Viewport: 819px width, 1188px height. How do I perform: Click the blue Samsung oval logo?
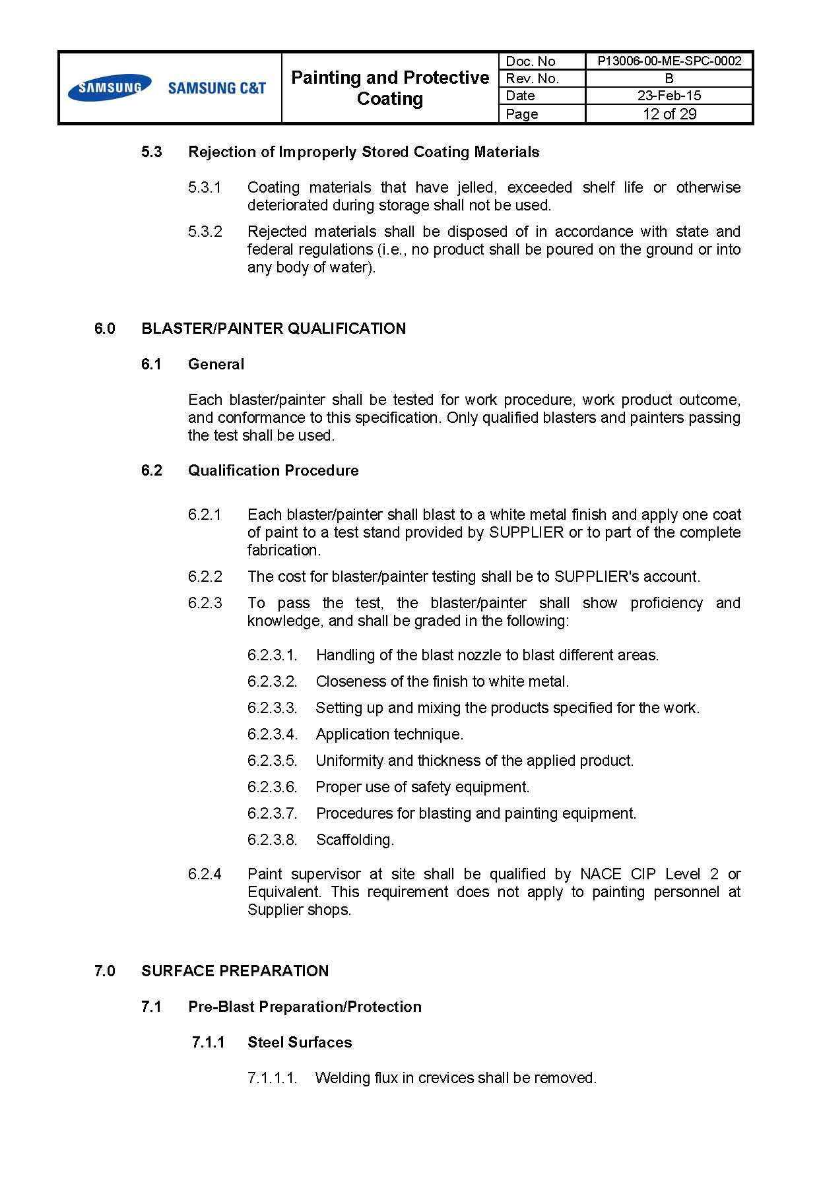[x=109, y=88]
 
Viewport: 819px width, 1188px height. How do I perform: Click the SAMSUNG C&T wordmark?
[x=216, y=88]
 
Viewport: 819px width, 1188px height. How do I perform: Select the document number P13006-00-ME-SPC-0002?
[x=669, y=61]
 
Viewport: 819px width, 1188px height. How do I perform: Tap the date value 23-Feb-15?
[x=669, y=96]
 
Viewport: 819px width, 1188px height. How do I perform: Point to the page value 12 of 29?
[x=669, y=114]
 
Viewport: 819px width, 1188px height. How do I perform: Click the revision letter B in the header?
[x=669, y=78]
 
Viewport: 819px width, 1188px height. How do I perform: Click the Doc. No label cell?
[x=531, y=61]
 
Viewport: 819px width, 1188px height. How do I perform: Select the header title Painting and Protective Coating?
[x=390, y=88]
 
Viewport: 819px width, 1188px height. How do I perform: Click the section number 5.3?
[x=152, y=152]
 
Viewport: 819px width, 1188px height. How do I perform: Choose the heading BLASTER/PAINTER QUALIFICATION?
[x=273, y=328]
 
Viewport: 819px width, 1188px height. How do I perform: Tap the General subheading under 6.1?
[x=216, y=364]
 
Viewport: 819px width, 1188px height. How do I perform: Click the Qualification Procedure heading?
[x=273, y=470]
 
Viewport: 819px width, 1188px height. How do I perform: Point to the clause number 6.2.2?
[x=205, y=577]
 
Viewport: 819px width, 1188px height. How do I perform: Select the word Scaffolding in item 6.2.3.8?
[x=354, y=840]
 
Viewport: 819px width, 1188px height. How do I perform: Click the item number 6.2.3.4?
[x=273, y=734]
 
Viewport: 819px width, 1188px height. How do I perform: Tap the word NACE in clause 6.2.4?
[x=601, y=874]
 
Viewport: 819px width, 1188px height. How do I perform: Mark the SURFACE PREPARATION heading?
[x=235, y=971]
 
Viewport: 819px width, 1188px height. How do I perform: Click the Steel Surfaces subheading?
[x=300, y=1042]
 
